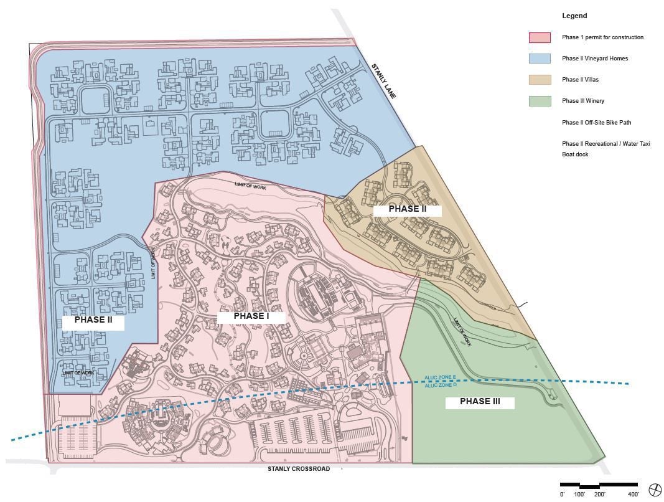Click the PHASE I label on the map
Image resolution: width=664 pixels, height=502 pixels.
click(251, 316)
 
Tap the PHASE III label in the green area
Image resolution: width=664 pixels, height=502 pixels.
click(480, 402)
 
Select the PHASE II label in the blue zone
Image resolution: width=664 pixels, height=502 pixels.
click(93, 320)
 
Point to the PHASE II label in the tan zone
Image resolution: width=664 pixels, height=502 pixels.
click(407, 209)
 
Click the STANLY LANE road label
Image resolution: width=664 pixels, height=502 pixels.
click(384, 80)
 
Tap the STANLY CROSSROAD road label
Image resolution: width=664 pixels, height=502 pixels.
click(299, 469)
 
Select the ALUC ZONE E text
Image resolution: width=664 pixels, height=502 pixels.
click(441, 378)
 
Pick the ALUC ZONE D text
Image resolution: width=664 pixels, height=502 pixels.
click(441, 386)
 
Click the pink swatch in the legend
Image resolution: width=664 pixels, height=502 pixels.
click(540, 37)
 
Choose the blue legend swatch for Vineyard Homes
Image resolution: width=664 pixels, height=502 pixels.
click(540, 59)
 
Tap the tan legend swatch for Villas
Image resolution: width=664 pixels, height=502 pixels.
click(540, 80)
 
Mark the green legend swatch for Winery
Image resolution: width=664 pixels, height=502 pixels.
click(540, 101)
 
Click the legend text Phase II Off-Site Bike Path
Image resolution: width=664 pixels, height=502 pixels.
click(596, 123)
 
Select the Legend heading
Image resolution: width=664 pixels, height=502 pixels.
click(574, 16)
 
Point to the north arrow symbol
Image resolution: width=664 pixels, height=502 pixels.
click(655, 490)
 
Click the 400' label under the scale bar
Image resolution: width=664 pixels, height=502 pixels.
click(633, 495)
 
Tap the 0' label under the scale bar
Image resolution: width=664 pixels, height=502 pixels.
click(562, 495)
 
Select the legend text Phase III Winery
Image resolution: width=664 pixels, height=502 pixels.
click(582, 101)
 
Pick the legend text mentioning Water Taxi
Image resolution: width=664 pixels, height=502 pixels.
click(606, 144)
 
